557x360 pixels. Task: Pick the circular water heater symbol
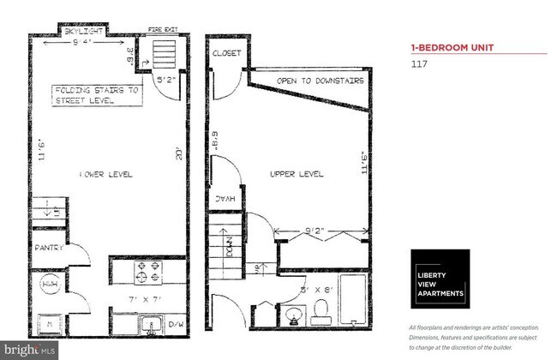(x=50, y=285)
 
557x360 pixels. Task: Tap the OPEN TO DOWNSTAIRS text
(x=320, y=81)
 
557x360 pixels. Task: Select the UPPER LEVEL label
(x=296, y=174)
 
